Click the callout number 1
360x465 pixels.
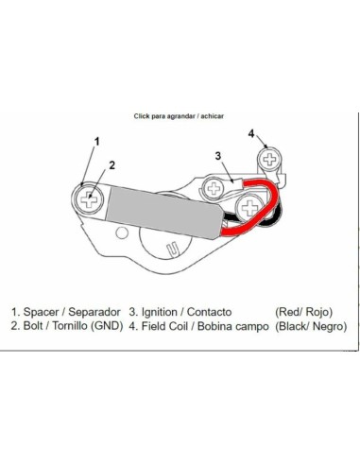97,142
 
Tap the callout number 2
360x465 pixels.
112,165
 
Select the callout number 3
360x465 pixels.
218,156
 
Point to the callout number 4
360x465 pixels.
251,133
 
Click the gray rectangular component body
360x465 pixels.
164,213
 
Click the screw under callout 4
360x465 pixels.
269,160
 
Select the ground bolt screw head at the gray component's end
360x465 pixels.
89,199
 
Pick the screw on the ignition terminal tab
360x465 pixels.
214,189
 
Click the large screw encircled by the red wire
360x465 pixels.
250,207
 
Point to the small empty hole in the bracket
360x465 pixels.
122,233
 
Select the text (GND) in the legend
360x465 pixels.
107,326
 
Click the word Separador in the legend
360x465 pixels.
94,312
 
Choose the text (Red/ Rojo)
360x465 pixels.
304,312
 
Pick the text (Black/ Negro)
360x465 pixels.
311,326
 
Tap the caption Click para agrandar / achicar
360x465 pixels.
179,116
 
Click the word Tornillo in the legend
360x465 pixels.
70,326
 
